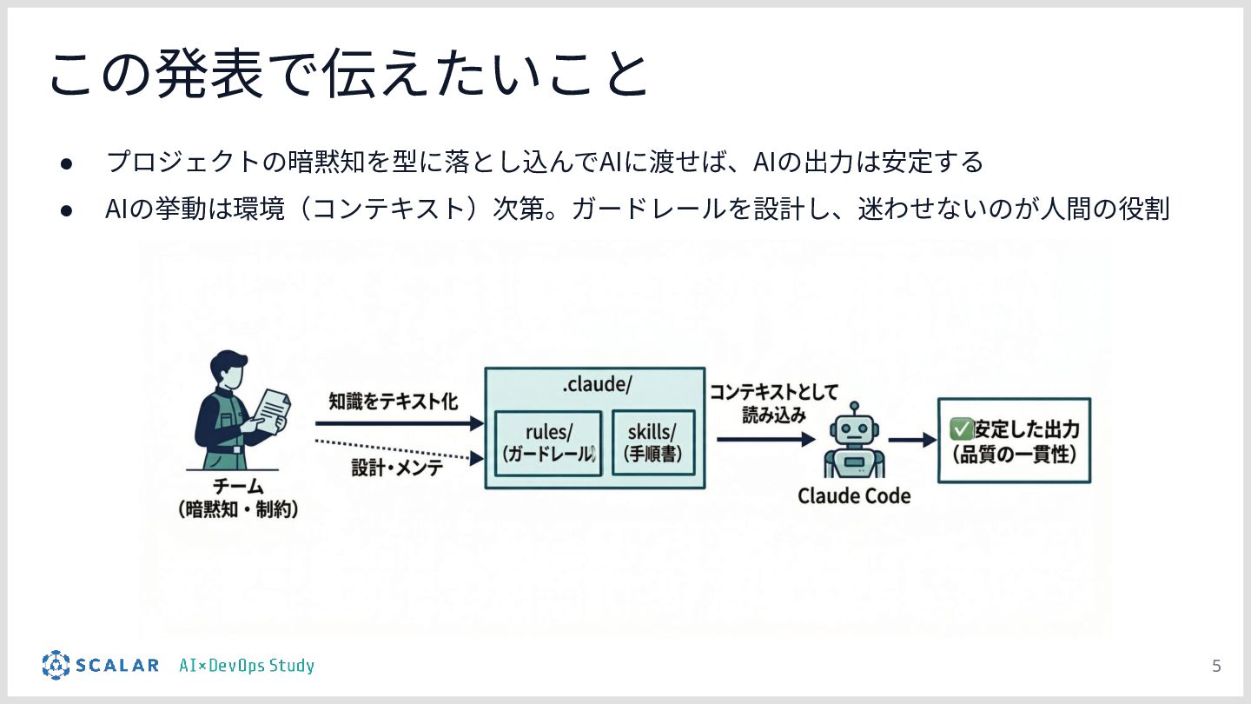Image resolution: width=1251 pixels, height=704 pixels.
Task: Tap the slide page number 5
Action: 1216,667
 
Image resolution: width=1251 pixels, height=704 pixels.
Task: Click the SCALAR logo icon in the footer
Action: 56,665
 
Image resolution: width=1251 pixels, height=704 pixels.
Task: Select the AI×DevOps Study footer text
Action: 247,667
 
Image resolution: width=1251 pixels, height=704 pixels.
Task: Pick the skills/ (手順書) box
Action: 653,442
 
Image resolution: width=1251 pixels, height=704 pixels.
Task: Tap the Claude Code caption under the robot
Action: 854,496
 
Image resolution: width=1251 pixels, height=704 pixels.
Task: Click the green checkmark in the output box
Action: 961,428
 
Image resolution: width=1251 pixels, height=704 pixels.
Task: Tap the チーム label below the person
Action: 238,486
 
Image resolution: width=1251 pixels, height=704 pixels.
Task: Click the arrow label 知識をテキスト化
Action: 393,402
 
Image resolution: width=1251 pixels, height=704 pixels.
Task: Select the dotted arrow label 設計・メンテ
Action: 397,467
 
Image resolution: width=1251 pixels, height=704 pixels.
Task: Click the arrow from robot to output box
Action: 911,441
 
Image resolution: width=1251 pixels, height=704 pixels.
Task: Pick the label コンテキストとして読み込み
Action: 774,404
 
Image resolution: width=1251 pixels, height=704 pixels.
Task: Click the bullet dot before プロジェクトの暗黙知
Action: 66,163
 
